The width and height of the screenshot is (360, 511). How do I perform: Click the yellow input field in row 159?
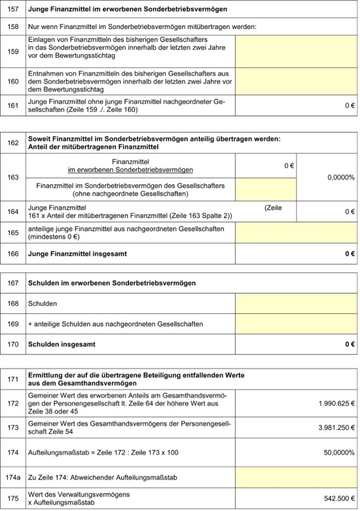pyautogui.click(x=296, y=50)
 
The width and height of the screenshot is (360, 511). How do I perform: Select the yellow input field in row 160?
pyautogui.click(x=296, y=81)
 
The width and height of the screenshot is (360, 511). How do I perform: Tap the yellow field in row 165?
pyautogui.click(x=296, y=233)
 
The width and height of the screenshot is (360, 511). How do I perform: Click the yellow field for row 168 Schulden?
pyautogui.click(x=296, y=303)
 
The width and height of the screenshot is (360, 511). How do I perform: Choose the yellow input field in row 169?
pyautogui.click(x=296, y=324)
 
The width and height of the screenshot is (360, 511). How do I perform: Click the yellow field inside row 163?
pyautogui.click(x=266, y=190)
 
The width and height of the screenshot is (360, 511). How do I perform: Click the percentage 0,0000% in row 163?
pyautogui.click(x=341, y=178)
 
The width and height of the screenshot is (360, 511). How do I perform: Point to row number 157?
pyautogui.click(x=14, y=10)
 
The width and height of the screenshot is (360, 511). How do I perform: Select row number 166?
pyautogui.click(x=14, y=253)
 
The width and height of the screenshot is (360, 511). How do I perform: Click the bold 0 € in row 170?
pyautogui.click(x=350, y=344)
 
